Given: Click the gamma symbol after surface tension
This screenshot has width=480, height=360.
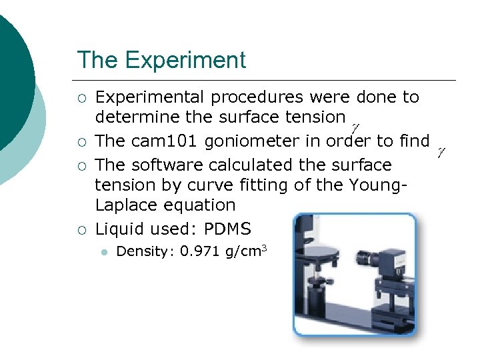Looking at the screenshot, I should point(355,126).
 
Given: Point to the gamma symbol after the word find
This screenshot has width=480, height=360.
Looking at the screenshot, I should point(441,153).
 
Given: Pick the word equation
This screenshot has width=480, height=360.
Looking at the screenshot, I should point(203,205).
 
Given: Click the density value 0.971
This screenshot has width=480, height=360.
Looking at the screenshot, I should point(194,251).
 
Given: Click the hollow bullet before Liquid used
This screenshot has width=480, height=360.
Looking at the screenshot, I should point(81,230).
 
